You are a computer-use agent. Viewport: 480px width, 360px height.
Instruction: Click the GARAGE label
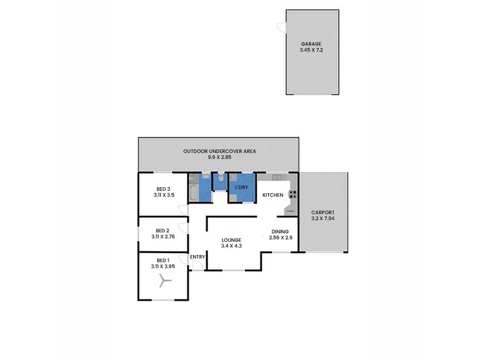[311, 44]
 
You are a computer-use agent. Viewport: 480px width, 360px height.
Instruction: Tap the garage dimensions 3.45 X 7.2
[311, 50]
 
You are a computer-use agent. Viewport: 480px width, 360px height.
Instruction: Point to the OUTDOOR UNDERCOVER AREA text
[220, 151]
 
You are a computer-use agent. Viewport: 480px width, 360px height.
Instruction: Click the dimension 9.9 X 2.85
[220, 157]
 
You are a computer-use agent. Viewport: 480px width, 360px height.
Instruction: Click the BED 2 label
[162, 230]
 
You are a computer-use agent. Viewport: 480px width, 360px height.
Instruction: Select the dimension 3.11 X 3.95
[162, 266]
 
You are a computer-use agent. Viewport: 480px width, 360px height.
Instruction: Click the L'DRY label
[241, 188]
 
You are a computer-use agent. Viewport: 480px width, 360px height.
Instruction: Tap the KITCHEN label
[272, 196]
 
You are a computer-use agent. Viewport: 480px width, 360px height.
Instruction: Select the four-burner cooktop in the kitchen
[293, 193]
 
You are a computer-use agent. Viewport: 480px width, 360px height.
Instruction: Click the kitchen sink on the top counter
[277, 177]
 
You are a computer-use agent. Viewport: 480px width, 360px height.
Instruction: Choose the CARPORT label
[323, 213]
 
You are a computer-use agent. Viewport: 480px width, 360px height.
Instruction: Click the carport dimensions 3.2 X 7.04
[323, 219]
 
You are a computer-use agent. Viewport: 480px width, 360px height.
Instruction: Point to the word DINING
[280, 232]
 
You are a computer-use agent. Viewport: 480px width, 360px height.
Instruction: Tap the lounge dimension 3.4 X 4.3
[231, 246]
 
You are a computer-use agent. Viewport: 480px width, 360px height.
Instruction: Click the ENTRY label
[197, 257]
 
